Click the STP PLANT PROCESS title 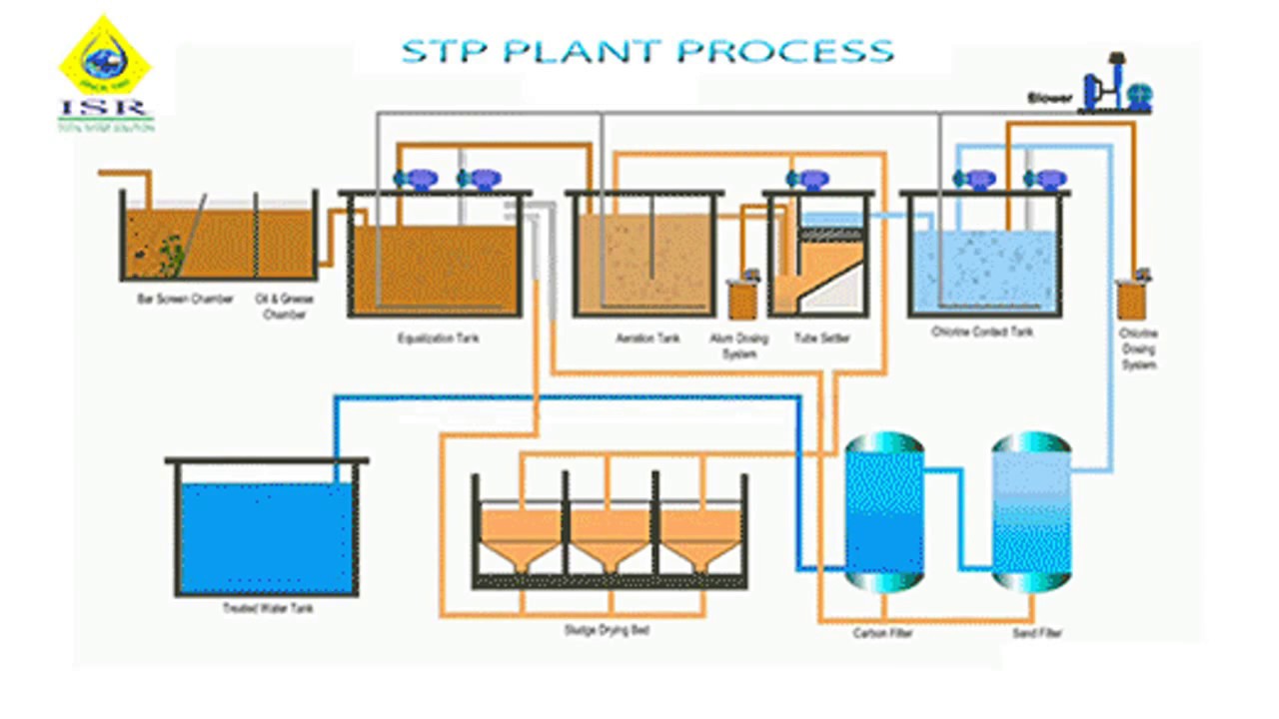tap(647, 51)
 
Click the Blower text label tap(1049, 98)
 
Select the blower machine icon tap(1117, 86)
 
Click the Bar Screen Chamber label tap(185, 300)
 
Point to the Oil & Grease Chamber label tap(283, 307)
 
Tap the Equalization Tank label tap(438, 339)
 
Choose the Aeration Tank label tap(647, 339)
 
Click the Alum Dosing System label tap(739, 346)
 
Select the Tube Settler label tap(822, 339)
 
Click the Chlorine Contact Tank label tap(982, 332)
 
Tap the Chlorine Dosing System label tap(1138, 349)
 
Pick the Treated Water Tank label tap(268, 608)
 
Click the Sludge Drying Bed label tap(607, 631)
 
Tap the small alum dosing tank tap(741, 298)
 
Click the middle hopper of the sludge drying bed tap(610, 539)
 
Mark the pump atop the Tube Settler tap(808, 180)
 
